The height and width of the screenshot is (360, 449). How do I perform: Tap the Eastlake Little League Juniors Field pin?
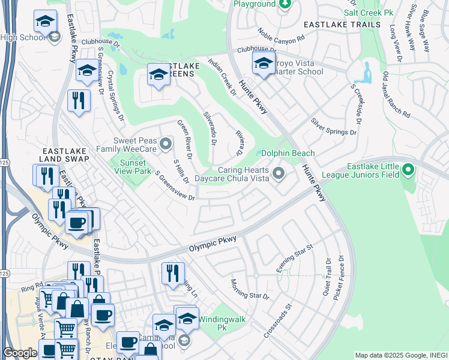tap(408, 170)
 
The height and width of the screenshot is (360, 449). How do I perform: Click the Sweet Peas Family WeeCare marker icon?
tap(166, 143)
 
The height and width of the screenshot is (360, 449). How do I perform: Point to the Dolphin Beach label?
tap(288, 153)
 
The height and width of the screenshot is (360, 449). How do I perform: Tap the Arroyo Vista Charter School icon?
tap(264, 63)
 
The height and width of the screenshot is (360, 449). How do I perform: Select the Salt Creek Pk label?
tap(369, 13)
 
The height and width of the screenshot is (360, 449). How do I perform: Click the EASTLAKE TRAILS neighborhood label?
tap(342, 25)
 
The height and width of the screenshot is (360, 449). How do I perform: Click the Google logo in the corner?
tap(20, 353)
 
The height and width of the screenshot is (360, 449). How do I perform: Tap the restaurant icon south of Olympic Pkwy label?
tap(172, 272)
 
